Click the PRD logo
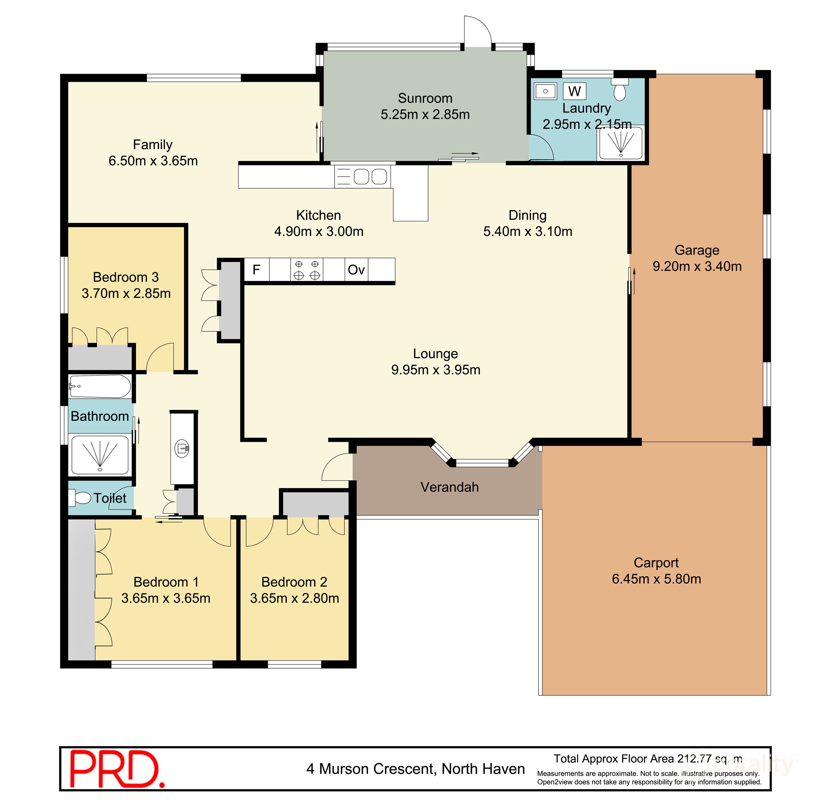(117, 769)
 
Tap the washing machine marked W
(574, 91)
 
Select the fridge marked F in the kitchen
(256, 269)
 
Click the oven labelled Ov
(356, 269)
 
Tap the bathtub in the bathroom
(100, 386)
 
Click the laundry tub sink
(545, 91)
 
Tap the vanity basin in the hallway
(183, 448)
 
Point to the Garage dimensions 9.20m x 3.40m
(697, 266)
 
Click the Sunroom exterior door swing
(477, 32)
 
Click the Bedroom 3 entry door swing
(161, 358)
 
